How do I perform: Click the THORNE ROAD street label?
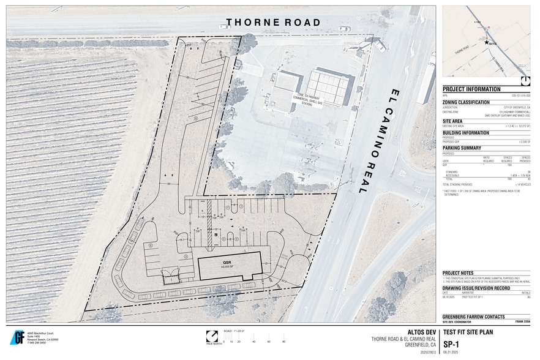273,23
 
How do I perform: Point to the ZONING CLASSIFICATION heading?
466,102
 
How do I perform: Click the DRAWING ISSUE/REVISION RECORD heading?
476,288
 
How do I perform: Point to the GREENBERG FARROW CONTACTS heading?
474,317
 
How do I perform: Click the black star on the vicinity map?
487,43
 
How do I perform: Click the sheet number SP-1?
452,344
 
